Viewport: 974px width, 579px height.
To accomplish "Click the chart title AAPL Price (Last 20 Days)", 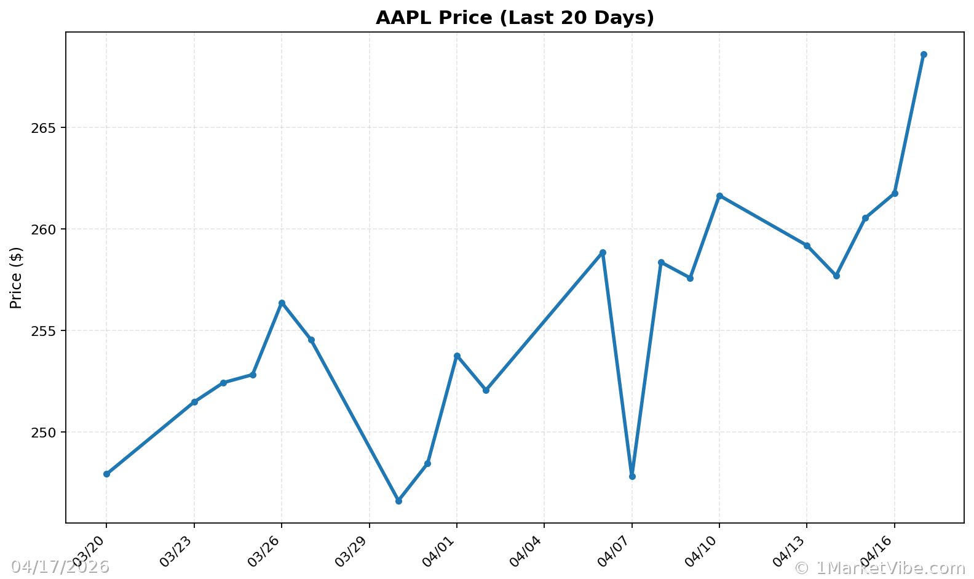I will pos(515,18).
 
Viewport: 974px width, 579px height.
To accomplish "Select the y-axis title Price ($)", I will pos(16,278).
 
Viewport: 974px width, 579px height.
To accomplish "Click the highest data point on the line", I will pos(924,55).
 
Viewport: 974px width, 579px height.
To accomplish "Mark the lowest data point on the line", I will pos(398,501).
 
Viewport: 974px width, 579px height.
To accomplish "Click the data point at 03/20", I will pos(106,474).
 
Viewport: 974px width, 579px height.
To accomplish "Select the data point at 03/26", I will pos(282,303).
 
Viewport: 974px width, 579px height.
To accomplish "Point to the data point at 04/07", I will pos(632,476).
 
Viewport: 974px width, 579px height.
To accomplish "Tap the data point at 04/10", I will pos(719,196).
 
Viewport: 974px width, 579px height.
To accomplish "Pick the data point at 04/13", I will pos(807,246).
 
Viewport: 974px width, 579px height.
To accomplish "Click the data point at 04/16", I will pos(895,193).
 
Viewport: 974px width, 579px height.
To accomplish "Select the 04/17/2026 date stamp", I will pos(60,567).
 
